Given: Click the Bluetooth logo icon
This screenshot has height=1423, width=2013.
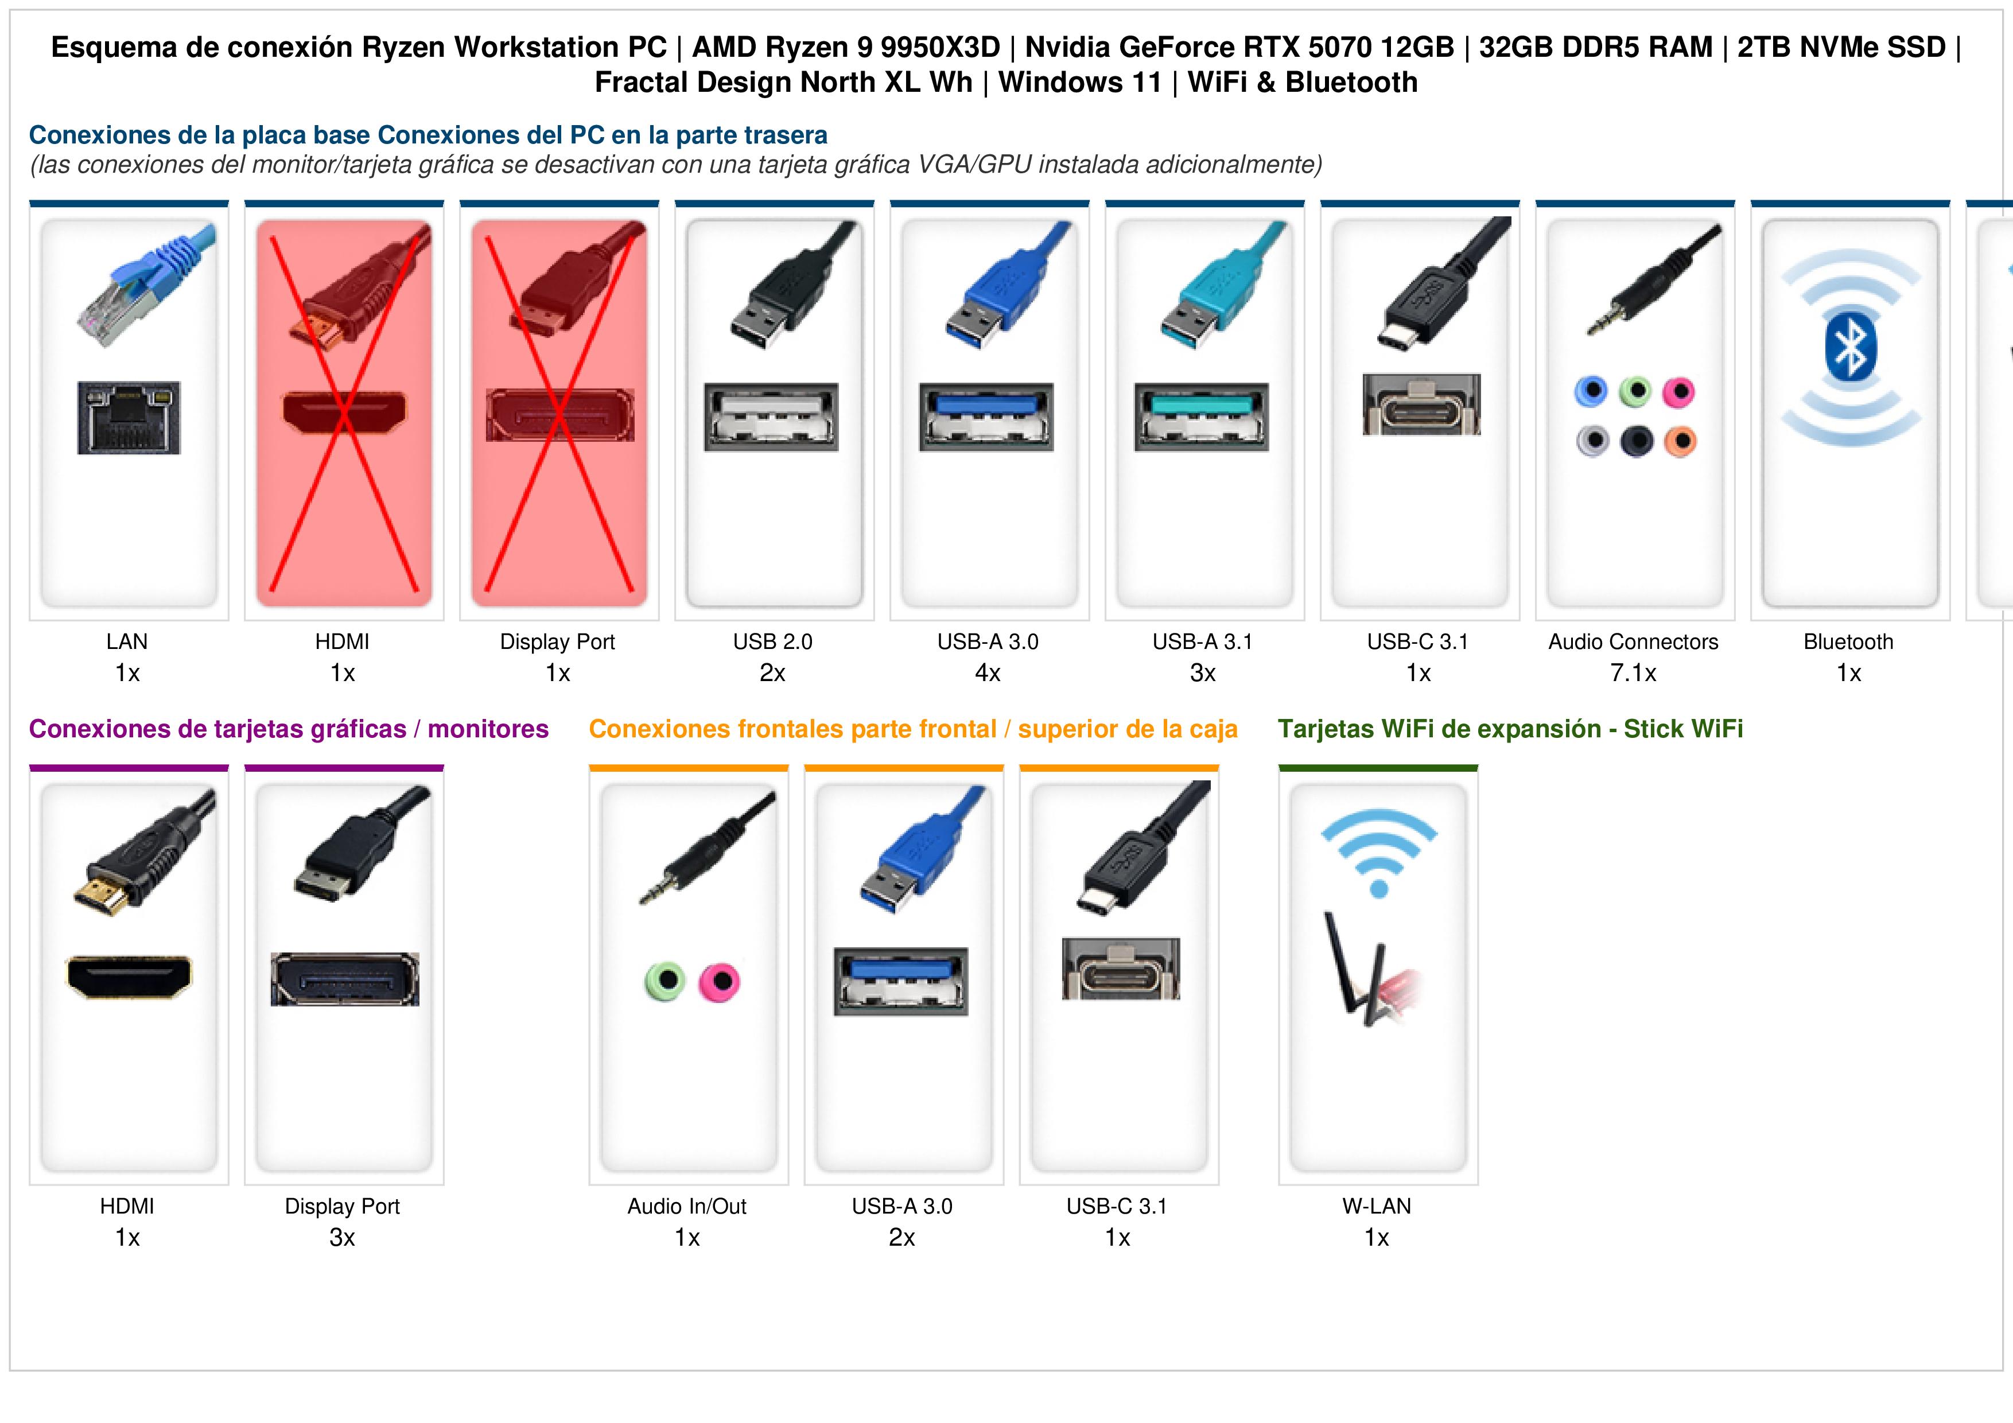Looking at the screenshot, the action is pyautogui.click(x=1850, y=348).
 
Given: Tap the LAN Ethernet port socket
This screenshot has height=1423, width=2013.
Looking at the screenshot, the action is pyautogui.click(x=129, y=417).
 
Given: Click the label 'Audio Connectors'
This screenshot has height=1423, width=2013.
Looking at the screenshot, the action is pyautogui.click(x=1633, y=642).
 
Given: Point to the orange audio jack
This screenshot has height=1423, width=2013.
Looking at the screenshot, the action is pyautogui.click(x=1680, y=441).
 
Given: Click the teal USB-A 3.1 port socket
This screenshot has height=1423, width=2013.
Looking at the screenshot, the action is pyautogui.click(x=1202, y=417).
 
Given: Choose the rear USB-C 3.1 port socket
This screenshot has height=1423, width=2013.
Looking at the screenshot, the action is pyautogui.click(x=1421, y=404).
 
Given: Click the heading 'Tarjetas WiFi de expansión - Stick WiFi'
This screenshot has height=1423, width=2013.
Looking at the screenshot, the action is pyautogui.click(x=1510, y=729).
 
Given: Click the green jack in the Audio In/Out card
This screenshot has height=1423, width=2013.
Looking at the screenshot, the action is pyautogui.click(x=664, y=981).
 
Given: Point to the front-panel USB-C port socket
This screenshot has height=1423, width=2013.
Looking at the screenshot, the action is pyautogui.click(x=1121, y=969).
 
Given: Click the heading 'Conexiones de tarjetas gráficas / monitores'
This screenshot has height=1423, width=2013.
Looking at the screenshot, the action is pyautogui.click(x=289, y=729).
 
